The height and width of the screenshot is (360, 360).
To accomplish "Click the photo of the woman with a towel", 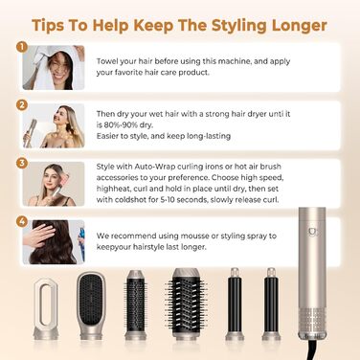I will [54, 66].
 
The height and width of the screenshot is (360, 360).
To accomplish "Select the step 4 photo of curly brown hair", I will [54, 242].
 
